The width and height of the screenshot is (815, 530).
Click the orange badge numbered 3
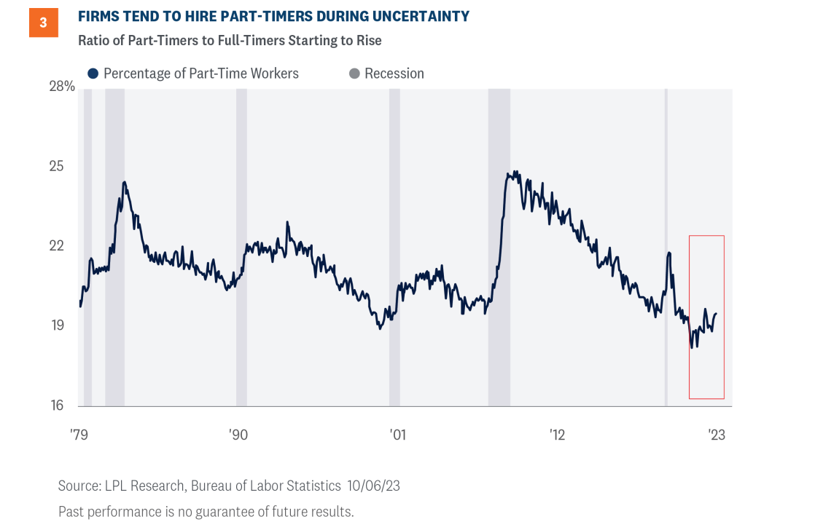[x=43, y=23]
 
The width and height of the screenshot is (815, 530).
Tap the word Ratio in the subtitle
[x=93, y=40]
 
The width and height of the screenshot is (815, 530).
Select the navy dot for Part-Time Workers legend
[x=93, y=74]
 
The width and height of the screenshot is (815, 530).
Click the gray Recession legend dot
[x=354, y=74]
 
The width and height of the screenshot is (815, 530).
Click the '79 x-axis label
[x=79, y=435]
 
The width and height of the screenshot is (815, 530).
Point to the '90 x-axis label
[x=238, y=435]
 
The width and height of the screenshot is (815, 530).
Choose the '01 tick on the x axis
[x=397, y=435]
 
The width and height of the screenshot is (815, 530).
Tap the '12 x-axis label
[x=557, y=435]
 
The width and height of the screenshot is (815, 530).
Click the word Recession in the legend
[x=394, y=74]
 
